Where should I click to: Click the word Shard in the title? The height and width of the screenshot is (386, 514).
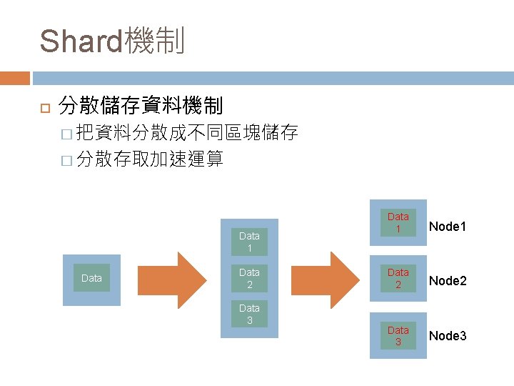point(81,41)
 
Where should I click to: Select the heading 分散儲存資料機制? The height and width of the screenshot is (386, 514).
point(141,107)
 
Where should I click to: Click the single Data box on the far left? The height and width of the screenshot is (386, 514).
point(92,278)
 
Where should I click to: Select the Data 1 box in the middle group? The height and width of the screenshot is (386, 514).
point(249,241)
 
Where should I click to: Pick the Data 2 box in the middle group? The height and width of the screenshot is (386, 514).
point(249,278)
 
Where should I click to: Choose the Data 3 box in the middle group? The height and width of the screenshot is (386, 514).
point(249,314)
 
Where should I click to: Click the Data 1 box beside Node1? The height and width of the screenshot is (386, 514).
point(398,222)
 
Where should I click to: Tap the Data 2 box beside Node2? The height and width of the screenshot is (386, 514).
point(398,278)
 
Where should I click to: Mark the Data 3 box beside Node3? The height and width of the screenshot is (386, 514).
point(398,335)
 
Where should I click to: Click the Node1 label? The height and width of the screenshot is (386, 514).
point(448,227)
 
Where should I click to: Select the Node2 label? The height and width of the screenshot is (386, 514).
point(448,281)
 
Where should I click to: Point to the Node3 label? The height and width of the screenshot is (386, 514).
point(448,335)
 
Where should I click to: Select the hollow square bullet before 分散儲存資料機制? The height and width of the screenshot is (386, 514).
point(42,108)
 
